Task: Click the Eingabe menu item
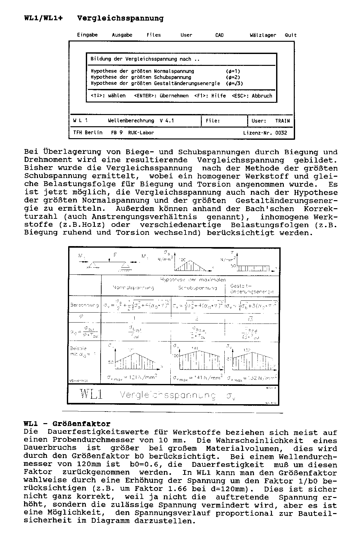(87, 35)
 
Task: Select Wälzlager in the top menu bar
(263, 35)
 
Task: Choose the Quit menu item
(291, 35)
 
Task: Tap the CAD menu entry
(219, 35)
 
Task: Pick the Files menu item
(154, 35)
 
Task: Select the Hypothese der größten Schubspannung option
(141, 77)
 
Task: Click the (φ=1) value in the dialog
(233, 71)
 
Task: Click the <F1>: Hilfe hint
(210, 96)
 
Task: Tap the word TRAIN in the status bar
(282, 121)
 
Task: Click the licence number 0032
(281, 133)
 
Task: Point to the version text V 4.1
(166, 121)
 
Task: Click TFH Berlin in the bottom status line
(88, 133)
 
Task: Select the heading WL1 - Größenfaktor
(67, 424)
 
